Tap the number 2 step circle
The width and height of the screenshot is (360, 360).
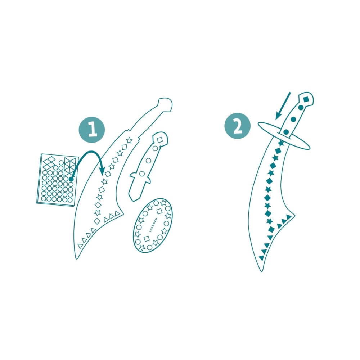238,126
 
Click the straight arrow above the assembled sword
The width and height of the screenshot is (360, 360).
282,106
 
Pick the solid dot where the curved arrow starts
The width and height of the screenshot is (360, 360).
72,179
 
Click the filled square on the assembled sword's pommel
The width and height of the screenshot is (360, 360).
306,99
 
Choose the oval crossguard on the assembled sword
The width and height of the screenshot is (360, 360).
284,135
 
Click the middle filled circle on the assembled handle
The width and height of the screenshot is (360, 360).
293,119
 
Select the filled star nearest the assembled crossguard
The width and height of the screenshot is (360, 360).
281,143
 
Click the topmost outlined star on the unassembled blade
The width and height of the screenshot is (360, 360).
129,140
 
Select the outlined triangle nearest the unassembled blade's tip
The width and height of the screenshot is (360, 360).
80,246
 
